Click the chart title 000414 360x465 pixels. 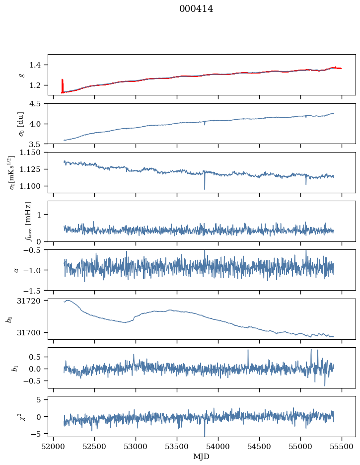click(x=196, y=9)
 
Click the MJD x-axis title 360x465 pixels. click(x=201, y=457)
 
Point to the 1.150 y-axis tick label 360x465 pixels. click(x=33, y=153)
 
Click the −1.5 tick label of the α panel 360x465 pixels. click(x=35, y=290)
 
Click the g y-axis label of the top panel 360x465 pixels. click(x=21, y=75)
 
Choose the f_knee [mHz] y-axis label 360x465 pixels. click(x=28, y=221)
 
